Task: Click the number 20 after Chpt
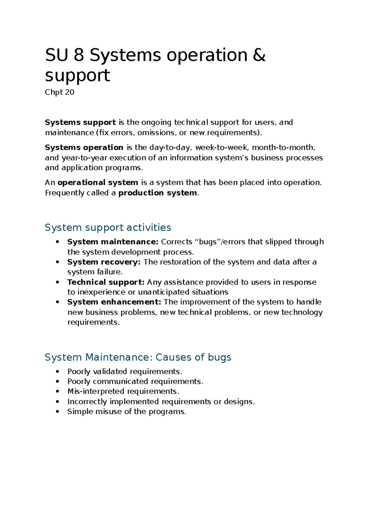[x=70, y=92]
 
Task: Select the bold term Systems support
[x=80, y=122]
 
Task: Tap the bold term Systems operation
[x=84, y=147]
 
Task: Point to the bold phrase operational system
[x=98, y=183]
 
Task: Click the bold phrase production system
[x=158, y=193]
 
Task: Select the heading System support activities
[x=108, y=228]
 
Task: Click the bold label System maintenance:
[x=113, y=242]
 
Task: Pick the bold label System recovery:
[x=104, y=262]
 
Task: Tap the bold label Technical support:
[x=106, y=282]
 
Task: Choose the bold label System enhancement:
[x=114, y=302]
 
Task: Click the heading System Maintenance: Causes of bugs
[x=138, y=357]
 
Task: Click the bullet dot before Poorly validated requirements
[x=57, y=371]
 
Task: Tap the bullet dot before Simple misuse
[x=57, y=412]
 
